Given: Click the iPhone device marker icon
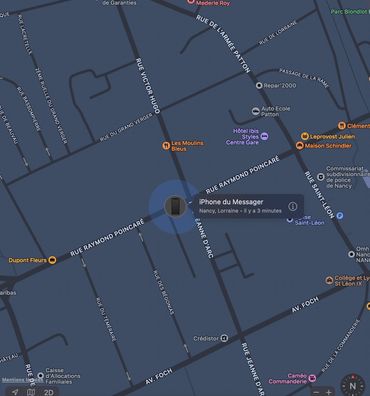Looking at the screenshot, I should point(175,207).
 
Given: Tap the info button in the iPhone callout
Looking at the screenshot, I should point(293,206).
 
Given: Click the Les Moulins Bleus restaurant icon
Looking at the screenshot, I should point(166,146).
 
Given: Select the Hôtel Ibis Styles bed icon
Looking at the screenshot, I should point(264,136).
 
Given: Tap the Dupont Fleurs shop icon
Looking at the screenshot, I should point(52,260).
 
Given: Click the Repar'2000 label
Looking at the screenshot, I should point(280,85).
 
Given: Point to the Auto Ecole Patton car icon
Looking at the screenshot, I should point(256,111).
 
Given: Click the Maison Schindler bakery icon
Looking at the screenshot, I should point(299,146).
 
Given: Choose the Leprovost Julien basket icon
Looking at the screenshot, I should point(305,136).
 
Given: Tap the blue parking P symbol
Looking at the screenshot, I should point(340,216).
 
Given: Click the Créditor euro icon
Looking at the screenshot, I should point(224,338).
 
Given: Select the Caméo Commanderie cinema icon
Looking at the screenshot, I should point(312,378).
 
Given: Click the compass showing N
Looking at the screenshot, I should point(353,386).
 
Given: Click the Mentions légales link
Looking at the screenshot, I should point(22,380).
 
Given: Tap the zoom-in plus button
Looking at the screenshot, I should point(329,392).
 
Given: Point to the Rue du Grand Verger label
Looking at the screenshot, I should point(127,127).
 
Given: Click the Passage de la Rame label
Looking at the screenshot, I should point(304,78).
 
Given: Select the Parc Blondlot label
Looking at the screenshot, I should point(349,12).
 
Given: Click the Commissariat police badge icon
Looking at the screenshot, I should point(321,177).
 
